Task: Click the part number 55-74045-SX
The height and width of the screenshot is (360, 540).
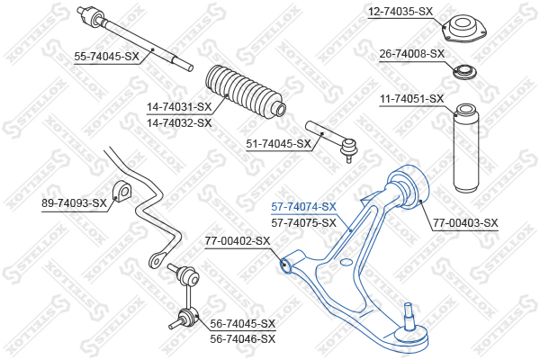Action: (x=106, y=56)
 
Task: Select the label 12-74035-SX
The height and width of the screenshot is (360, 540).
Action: (x=400, y=12)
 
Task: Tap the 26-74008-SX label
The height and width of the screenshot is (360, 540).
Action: (x=412, y=54)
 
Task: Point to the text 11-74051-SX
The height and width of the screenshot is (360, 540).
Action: (x=412, y=99)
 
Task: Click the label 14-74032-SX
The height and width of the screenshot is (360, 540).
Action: (x=179, y=122)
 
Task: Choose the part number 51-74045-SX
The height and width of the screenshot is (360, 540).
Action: (x=278, y=143)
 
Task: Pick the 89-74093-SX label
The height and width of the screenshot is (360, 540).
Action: (x=74, y=203)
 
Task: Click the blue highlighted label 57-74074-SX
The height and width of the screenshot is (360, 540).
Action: (x=303, y=207)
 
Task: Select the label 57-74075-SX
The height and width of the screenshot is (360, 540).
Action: (x=303, y=223)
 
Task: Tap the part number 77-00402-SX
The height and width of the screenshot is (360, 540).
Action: (x=238, y=241)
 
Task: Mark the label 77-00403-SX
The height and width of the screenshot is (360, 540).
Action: (x=465, y=223)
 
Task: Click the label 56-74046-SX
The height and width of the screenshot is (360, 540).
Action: (x=243, y=339)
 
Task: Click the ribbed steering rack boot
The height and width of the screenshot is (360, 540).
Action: (x=246, y=91)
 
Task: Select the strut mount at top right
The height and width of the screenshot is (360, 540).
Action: (x=463, y=29)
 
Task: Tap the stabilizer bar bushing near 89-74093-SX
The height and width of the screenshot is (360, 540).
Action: (x=121, y=191)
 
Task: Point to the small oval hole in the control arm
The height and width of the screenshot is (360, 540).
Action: (x=346, y=262)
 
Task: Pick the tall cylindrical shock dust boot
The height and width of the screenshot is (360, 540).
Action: (x=466, y=148)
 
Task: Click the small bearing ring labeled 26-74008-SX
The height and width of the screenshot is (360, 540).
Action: (x=464, y=72)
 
